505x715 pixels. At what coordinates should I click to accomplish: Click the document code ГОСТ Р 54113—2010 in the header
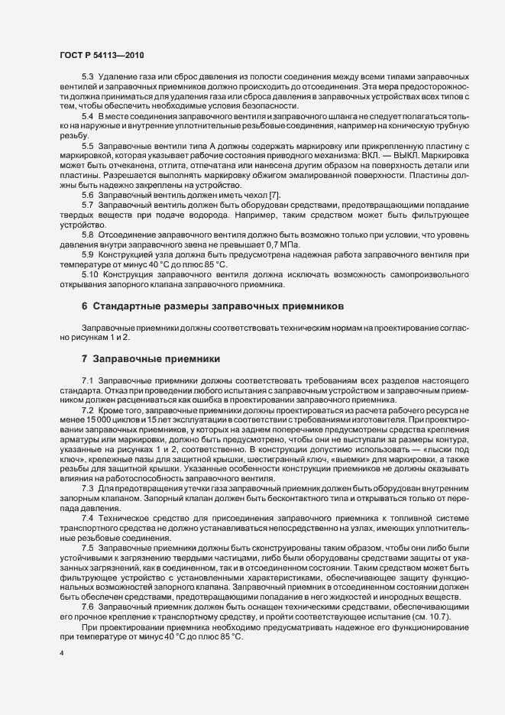click(101, 56)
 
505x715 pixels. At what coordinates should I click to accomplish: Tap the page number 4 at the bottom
click(60, 655)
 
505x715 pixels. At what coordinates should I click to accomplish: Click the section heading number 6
click(85, 306)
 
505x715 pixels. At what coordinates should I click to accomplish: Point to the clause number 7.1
click(87, 380)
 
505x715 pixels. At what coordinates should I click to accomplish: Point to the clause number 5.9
click(87, 254)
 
